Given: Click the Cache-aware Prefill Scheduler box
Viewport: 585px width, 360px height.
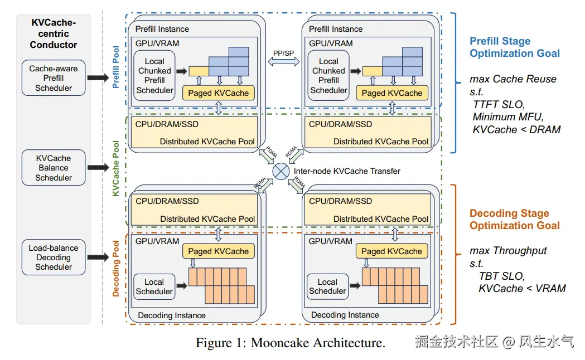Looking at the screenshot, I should (54, 78).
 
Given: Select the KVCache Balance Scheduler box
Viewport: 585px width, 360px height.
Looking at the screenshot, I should (54, 168).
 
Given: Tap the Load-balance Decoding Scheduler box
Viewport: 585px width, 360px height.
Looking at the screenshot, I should (54, 257).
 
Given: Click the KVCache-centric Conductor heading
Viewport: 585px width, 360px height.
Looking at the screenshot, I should (54, 33).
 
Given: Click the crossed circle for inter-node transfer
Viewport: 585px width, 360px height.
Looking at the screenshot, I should (281, 171).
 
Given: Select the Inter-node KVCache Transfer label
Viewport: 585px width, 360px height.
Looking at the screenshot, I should (347, 171).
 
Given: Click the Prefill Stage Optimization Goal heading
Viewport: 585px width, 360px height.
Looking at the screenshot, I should (514, 47).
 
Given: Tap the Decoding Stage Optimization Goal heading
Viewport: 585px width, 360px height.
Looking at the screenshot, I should (514, 220).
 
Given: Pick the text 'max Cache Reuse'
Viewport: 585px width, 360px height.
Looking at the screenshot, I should (513, 79).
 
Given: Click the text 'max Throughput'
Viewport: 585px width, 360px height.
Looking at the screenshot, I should (508, 251).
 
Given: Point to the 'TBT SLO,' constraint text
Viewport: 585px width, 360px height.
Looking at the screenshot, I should (501, 276).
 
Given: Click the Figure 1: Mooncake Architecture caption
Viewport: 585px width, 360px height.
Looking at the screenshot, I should (290, 343).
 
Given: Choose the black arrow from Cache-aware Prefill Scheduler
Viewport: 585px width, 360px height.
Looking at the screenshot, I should (98, 78).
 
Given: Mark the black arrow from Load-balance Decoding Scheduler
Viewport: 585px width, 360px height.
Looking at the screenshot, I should (98, 257).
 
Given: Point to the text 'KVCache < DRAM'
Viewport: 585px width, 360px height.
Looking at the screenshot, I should (516, 130).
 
